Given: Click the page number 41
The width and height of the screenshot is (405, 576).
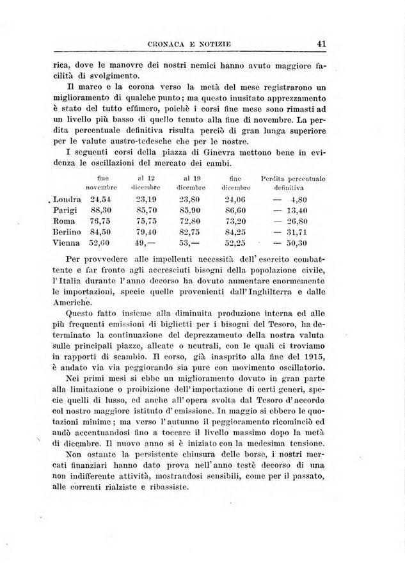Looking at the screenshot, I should [x=322, y=44].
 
